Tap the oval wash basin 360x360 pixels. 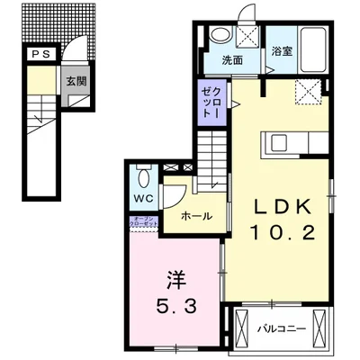218,36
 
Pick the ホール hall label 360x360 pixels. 197,216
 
